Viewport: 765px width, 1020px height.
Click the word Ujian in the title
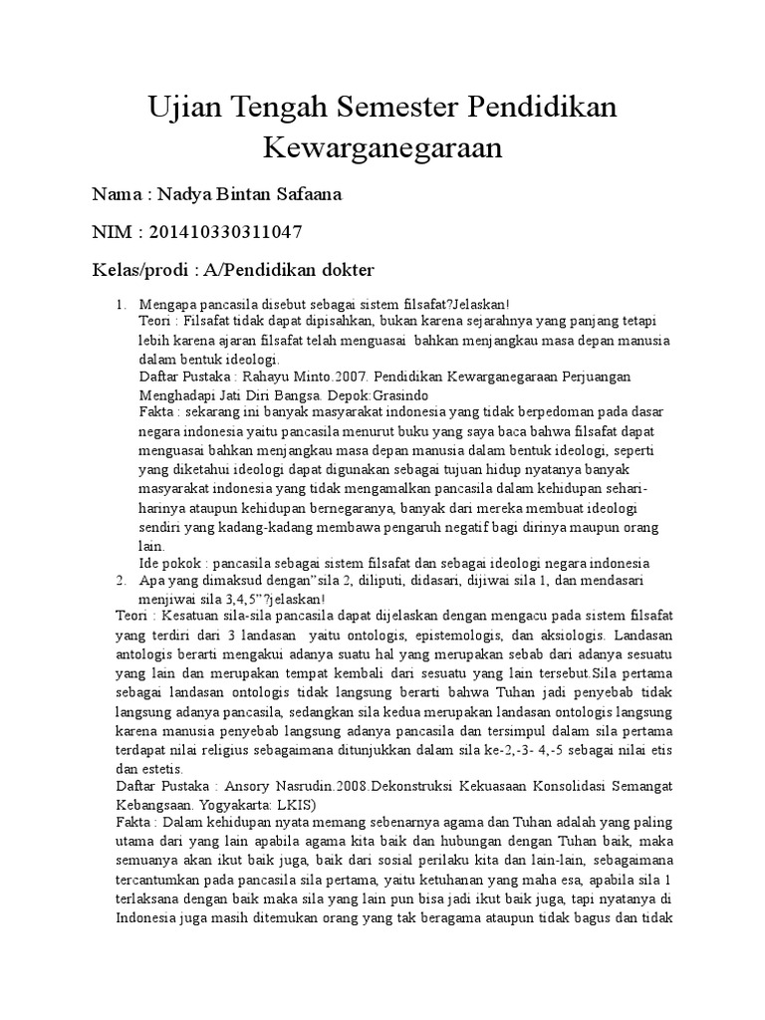point(186,107)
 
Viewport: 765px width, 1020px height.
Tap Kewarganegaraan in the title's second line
point(382,148)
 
